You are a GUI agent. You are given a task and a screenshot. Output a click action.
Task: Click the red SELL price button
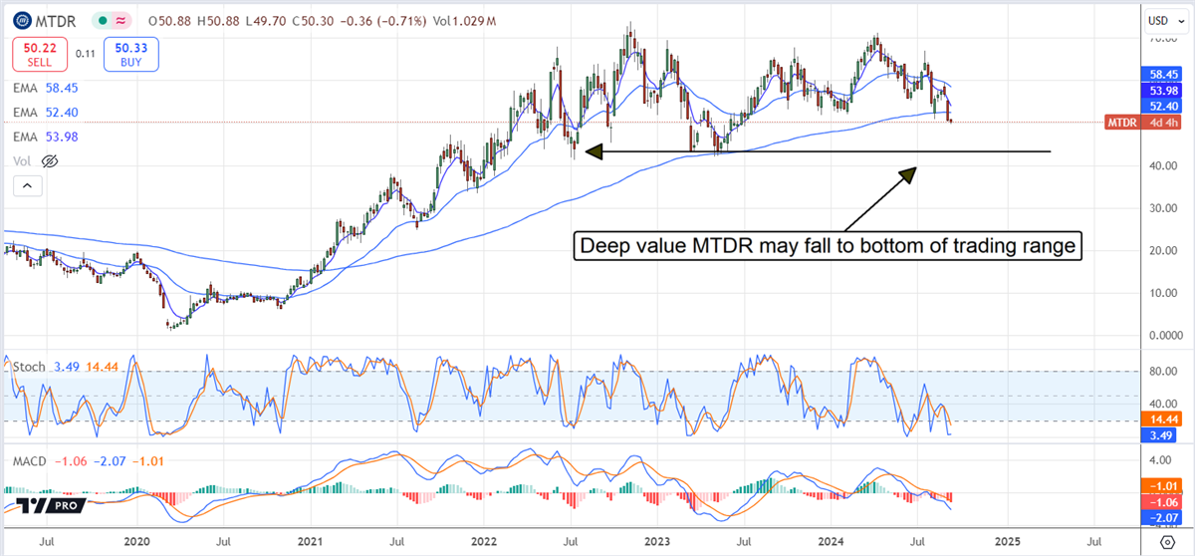click(35, 54)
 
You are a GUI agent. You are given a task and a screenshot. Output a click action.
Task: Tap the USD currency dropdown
click(1159, 20)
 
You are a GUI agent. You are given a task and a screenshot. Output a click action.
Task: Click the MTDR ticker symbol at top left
click(59, 20)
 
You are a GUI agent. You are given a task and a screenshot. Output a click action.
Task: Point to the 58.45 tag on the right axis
click(1159, 74)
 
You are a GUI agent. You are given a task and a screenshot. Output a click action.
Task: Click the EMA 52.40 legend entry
click(45, 113)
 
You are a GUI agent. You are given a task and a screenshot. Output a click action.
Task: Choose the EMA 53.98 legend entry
click(45, 137)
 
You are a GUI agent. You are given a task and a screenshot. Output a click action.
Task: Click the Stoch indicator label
click(28, 367)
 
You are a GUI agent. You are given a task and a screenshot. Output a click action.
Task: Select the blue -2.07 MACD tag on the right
click(1159, 518)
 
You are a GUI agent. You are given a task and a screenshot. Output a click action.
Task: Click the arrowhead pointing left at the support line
click(594, 151)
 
